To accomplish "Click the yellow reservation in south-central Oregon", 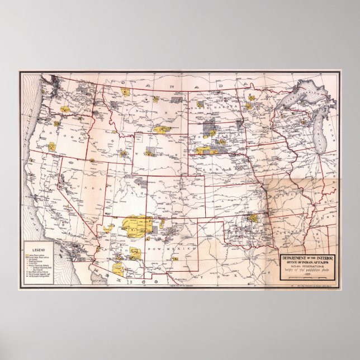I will click(x=51, y=146).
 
